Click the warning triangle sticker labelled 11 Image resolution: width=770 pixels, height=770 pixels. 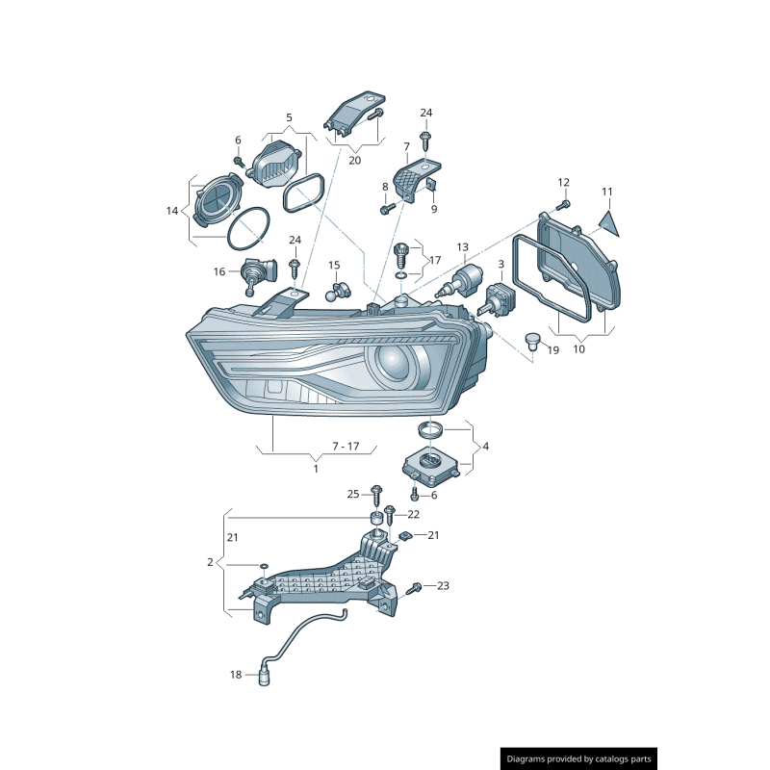coord(609,224)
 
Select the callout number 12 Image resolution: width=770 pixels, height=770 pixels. coord(563,182)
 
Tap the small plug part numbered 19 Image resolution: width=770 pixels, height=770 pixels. coord(532,341)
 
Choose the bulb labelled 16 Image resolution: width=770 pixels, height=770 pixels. coord(258,275)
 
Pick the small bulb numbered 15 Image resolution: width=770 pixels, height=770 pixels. coord(337,292)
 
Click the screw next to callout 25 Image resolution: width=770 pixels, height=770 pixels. coord(377,496)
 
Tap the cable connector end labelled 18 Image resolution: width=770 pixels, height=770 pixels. coord(264,679)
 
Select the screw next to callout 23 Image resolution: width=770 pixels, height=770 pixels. coord(415,587)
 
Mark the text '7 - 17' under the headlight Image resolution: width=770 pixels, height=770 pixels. coord(346,447)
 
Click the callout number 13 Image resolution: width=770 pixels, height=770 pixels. coord(463,247)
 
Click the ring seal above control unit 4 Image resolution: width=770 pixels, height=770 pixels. coord(430,429)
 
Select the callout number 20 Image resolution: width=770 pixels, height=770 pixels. coord(354,160)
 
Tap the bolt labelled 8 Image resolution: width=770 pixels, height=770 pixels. coord(387,210)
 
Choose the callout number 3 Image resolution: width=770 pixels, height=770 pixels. coord(500,264)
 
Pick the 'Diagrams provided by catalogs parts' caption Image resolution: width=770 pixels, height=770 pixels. coord(579,759)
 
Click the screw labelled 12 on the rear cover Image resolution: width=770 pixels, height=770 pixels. coord(564,204)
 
